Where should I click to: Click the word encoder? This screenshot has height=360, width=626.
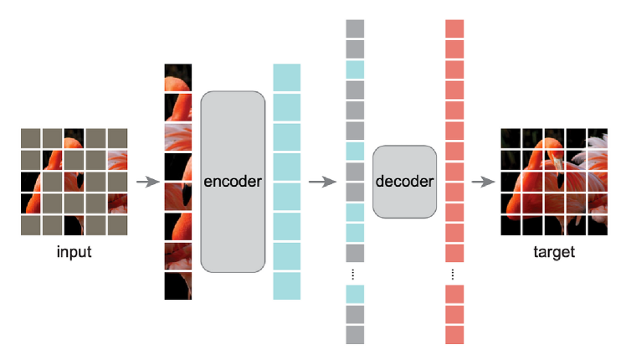pos(233,181)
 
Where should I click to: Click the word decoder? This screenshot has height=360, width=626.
pos(405,181)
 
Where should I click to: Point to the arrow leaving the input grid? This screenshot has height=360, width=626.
pos(147,181)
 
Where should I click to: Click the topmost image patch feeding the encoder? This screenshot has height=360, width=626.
pos(178,77)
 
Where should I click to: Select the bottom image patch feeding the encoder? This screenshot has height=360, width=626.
pos(178,285)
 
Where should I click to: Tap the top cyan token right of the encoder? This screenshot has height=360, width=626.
pos(286,76)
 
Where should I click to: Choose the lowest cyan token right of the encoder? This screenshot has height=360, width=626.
pos(286,285)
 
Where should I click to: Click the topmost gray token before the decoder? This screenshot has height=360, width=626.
pos(355,28)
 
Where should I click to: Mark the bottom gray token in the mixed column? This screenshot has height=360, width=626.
pos(355,335)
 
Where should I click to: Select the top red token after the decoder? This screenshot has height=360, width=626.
pos(454,28)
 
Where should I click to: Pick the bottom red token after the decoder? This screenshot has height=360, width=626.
pos(454,335)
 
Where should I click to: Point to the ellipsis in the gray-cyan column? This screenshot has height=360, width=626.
pos(355,274)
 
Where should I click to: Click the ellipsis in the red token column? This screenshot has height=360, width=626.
pos(454,274)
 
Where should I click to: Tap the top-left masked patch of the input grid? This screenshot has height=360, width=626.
pos(31,138)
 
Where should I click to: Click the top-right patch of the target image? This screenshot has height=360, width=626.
pos(597,138)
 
